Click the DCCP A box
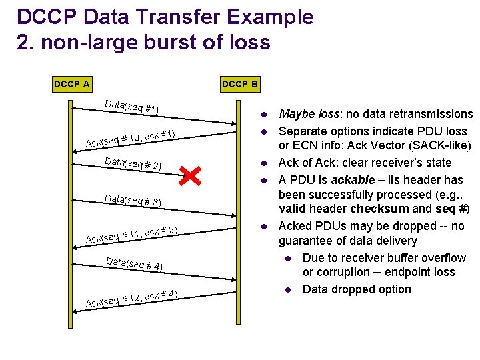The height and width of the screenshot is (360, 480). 72,85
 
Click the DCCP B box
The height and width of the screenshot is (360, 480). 240,85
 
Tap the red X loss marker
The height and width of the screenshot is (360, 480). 190,176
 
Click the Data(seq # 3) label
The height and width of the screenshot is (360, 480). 133,199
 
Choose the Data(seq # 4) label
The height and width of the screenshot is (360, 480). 134,263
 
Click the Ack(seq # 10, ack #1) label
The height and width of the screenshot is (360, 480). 131,138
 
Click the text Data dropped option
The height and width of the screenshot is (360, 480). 357,289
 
